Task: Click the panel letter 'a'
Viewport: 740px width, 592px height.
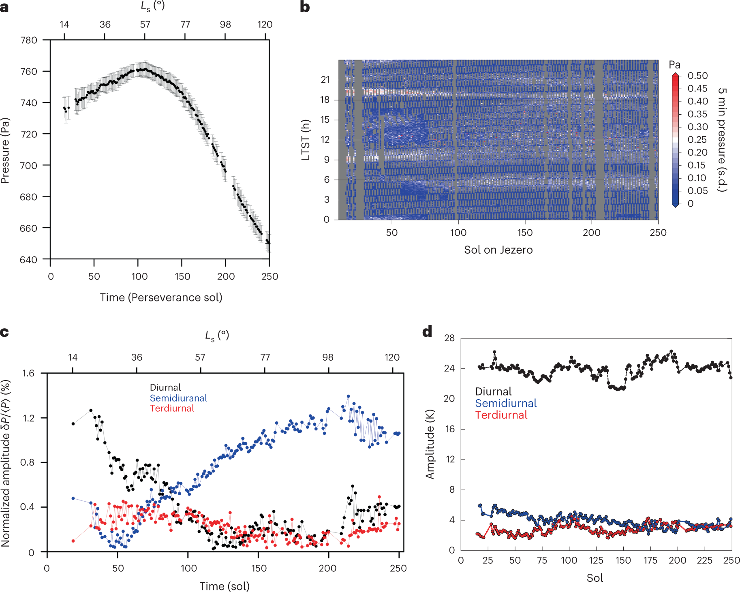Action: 4,7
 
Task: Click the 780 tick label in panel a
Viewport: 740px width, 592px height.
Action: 28,40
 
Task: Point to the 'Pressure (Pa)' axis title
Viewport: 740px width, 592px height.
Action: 5,150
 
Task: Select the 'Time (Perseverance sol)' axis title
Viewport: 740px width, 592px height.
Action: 161,297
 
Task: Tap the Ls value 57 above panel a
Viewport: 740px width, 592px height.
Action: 145,24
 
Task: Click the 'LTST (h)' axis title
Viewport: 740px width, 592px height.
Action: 306,140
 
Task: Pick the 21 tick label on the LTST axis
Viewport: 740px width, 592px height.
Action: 325,79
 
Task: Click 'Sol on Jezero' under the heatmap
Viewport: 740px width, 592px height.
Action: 498,250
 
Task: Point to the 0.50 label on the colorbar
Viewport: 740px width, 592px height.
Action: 697,76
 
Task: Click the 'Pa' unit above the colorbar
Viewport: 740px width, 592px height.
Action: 674,65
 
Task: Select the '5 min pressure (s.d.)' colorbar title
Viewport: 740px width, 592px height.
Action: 723,140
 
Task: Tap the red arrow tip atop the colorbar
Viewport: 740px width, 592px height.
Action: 675,75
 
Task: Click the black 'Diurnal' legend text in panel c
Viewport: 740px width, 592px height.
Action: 165,387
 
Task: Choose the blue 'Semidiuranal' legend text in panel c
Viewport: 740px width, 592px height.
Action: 178,398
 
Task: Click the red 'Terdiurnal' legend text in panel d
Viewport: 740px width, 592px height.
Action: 501,415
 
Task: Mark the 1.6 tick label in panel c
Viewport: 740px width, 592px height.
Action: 28,373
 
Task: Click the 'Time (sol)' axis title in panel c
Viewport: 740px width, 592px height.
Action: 225,586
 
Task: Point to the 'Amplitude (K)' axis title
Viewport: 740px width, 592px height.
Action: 430,445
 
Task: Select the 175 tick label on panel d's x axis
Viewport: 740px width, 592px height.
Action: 650,560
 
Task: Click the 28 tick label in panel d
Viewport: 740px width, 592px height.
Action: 449,338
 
